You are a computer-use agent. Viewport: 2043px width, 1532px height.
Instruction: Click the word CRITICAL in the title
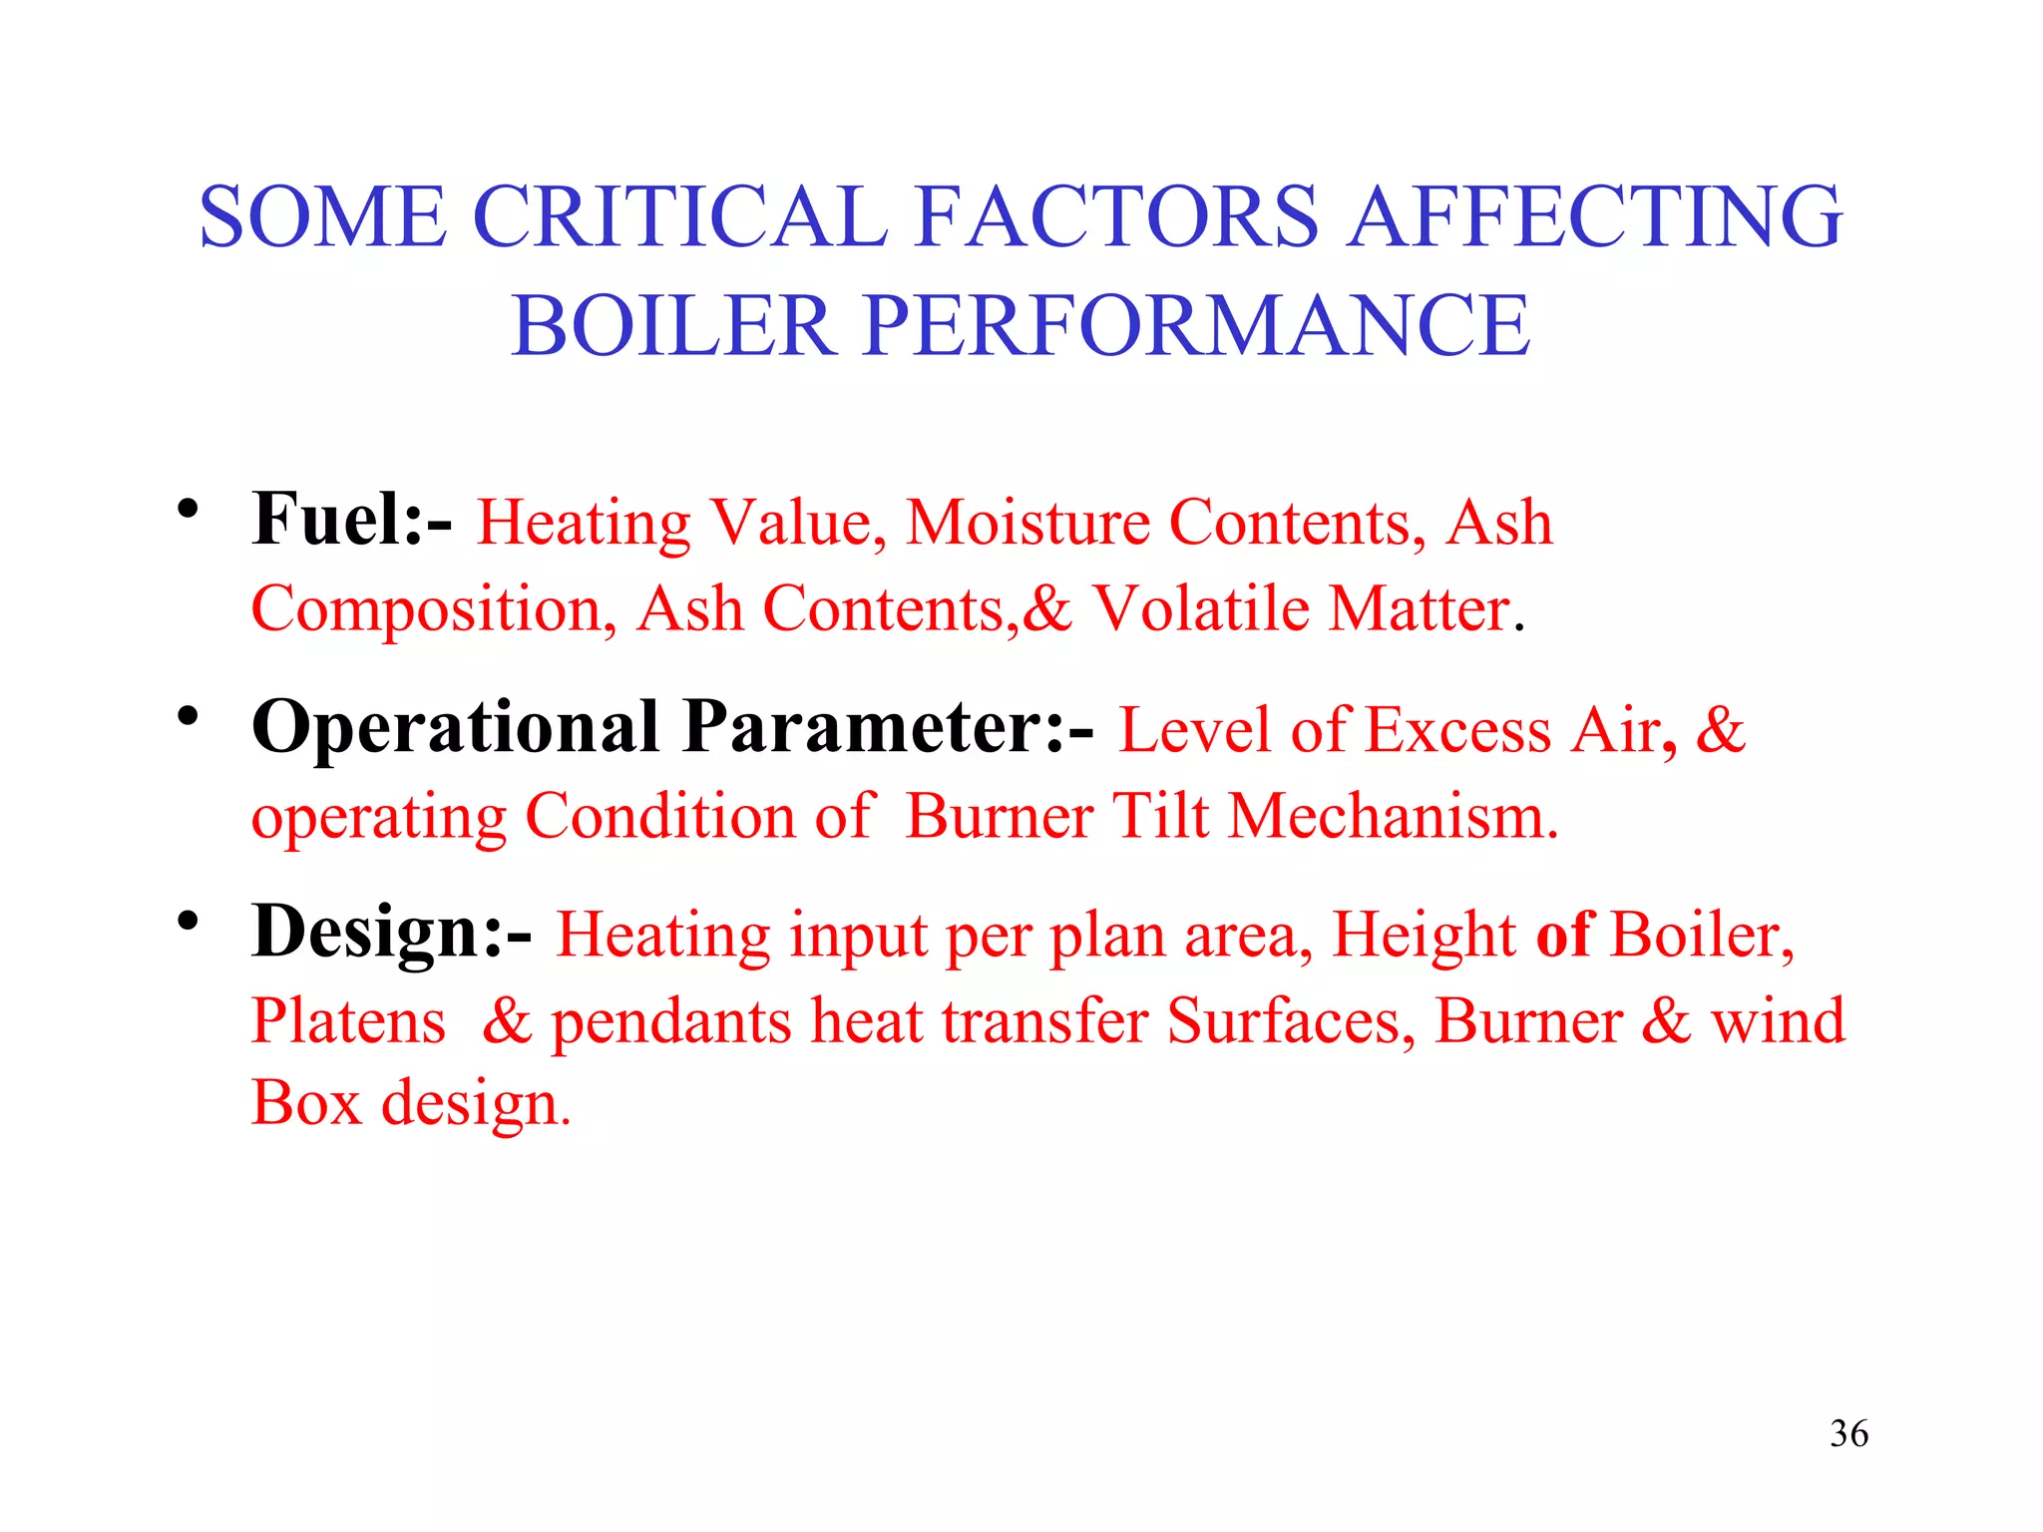click(679, 216)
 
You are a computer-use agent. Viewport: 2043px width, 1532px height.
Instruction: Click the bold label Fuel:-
click(351, 521)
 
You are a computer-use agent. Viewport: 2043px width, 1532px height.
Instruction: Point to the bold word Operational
click(455, 727)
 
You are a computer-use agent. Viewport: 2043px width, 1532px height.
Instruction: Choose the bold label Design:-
click(391, 933)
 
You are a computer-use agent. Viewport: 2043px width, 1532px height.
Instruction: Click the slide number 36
click(1848, 1433)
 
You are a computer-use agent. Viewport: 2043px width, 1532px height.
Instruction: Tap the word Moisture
click(1026, 523)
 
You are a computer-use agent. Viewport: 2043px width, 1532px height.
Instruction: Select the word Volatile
click(1201, 608)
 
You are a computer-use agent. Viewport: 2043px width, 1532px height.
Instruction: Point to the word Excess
click(1457, 729)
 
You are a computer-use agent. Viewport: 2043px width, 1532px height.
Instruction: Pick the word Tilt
click(1160, 816)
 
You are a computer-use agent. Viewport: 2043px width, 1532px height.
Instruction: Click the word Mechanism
click(1393, 816)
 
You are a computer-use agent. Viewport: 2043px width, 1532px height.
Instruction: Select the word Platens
click(348, 1021)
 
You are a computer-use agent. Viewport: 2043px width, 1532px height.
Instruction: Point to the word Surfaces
click(1291, 1021)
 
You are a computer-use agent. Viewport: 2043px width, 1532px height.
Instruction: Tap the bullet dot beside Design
click(188, 921)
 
